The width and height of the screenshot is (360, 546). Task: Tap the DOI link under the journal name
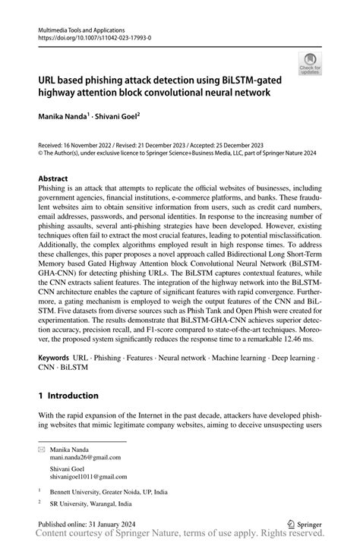coord(95,36)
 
